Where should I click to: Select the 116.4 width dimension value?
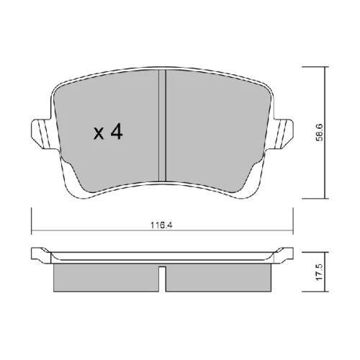162,225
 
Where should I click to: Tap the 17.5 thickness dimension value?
320,272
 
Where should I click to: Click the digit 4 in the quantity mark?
116,132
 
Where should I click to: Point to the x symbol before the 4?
99,134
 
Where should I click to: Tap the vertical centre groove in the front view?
163,125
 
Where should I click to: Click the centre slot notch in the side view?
162,279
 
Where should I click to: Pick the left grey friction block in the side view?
106,278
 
